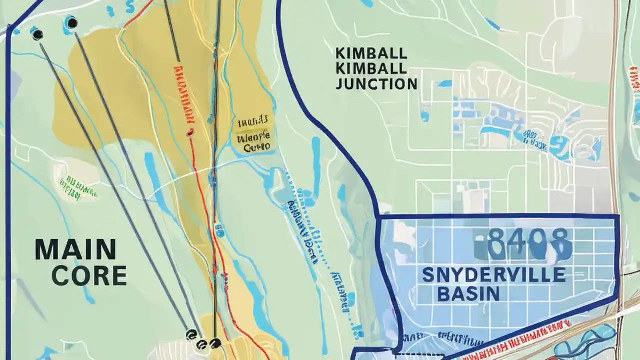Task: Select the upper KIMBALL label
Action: pyautogui.click(x=371, y=53)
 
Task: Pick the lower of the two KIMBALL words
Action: pyautogui.click(x=371, y=68)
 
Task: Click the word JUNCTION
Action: pyautogui.click(x=376, y=84)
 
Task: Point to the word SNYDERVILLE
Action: pyautogui.click(x=494, y=275)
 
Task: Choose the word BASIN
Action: pyautogui.click(x=468, y=294)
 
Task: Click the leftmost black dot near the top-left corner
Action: pyautogui.click(x=37, y=34)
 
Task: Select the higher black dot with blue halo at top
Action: pyautogui.click(x=72, y=22)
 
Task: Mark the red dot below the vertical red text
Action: pyautogui.click(x=190, y=133)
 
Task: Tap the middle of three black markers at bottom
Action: pyautogui.click(x=202, y=344)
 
